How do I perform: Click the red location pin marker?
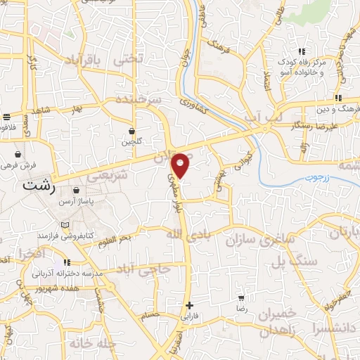pyautogui.click(x=181, y=165)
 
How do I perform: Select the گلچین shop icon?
pyautogui.click(x=131, y=130)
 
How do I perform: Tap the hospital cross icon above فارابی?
pyautogui.click(x=188, y=305)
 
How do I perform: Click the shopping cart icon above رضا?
pyautogui.click(x=241, y=297)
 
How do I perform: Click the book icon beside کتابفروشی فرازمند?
pyautogui.click(x=66, y=225)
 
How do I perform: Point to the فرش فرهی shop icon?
pyautogui.click(x=17, y=154)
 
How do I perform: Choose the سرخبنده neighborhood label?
pyautogui.click(x=140, y=98)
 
